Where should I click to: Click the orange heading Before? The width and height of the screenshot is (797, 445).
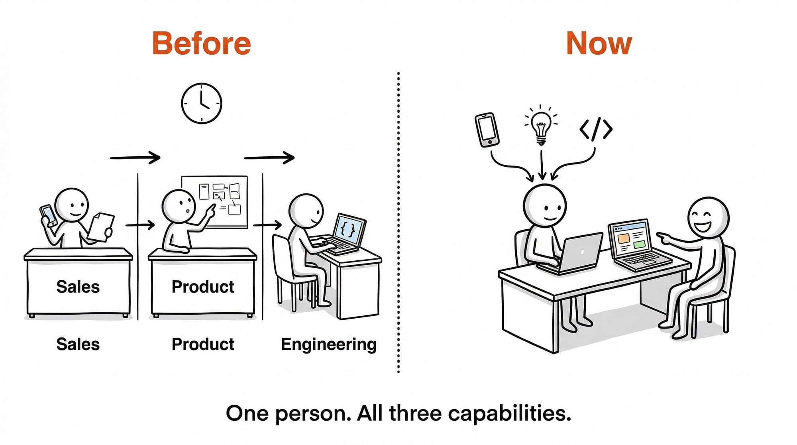[x=202, y=43]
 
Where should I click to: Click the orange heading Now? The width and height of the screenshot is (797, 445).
[x=599, y=43]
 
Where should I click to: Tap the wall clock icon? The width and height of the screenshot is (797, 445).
[x=201, y=103]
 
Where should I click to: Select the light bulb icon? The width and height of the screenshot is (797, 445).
[x=541, y=125]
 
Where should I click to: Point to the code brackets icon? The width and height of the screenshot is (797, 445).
[x=596, y=129]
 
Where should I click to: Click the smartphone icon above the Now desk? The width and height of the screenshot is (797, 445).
[x=487, y=130]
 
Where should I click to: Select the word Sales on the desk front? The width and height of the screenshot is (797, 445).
[x=78, y=287]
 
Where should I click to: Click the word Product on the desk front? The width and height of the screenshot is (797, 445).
[x=203, y=287]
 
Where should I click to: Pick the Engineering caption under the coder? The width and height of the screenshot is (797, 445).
[x=328, y=344]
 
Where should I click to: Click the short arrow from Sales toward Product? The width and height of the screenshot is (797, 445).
[x=140, y=225]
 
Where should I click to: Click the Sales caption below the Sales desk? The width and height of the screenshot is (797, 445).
[x=78, y=344]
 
